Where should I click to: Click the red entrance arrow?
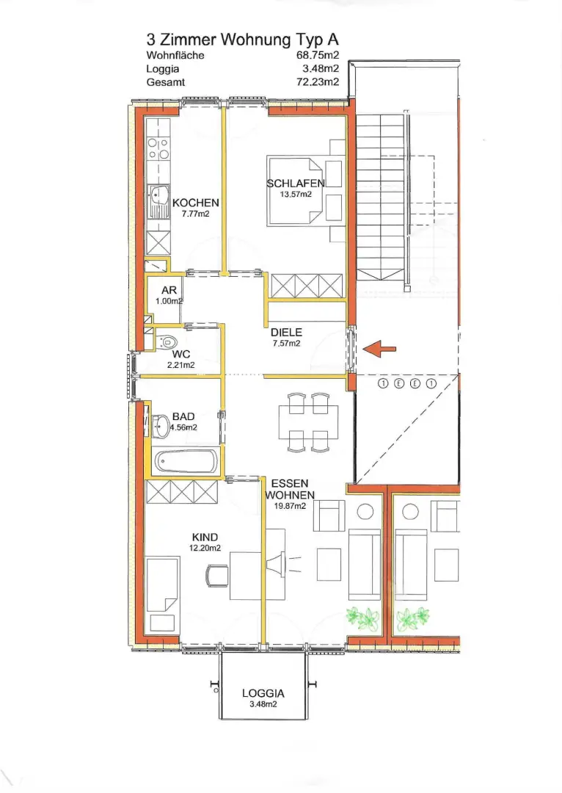click(379, 349)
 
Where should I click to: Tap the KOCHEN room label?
click(196, 203)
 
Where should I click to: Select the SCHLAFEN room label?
click(296, 183)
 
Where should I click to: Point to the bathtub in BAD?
click(186, 461)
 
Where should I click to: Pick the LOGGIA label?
click(263, 693)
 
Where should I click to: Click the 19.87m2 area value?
click(290, 506)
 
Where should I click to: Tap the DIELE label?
click(287, 333)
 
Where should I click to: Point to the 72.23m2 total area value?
click(318, 82)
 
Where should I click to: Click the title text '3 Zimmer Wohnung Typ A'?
click(243, 40)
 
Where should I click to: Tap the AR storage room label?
click(169, 290)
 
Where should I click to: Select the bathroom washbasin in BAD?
click(161, 427)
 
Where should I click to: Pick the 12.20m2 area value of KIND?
click(205, 548)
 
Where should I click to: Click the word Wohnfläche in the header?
click(175, 55)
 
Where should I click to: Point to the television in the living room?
click(276, 565)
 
